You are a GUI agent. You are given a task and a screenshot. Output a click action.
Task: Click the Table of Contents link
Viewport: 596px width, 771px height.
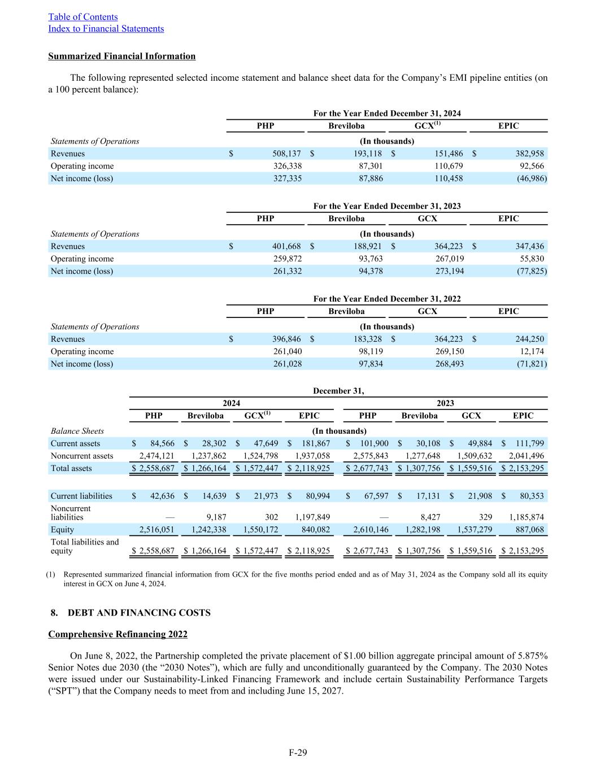pos(83,17)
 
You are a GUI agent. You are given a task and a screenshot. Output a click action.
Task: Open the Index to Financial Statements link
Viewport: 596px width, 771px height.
pos(106,29)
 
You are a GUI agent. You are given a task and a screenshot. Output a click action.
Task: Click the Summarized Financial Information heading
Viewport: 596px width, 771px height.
pos(122,56)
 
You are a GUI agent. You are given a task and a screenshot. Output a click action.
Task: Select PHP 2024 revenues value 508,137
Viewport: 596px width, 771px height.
pos(286,154)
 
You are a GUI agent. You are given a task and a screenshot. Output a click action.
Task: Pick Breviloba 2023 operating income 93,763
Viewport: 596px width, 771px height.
pos(368,259)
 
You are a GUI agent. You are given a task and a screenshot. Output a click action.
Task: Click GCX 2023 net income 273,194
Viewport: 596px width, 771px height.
pos(449,271)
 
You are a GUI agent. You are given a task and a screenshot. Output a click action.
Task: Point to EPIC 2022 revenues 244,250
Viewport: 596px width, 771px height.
pos(529,339)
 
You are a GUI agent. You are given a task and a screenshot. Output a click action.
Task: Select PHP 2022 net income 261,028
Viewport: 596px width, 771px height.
pos(286,364)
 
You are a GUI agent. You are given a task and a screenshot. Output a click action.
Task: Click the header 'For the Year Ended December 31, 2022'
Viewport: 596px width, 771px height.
pos(387,299)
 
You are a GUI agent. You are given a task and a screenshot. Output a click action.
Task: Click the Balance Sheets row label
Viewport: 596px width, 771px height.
pos(77,431)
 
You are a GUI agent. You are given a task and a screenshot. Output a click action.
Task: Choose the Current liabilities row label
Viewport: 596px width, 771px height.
pos(81,496)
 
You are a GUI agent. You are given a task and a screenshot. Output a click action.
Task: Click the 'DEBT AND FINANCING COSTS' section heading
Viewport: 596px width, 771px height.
pos(139,613)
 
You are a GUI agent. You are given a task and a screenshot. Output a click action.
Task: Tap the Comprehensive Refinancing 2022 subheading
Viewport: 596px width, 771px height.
pos(118,634)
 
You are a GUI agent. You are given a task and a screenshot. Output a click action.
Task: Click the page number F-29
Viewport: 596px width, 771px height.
pos(298,752)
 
